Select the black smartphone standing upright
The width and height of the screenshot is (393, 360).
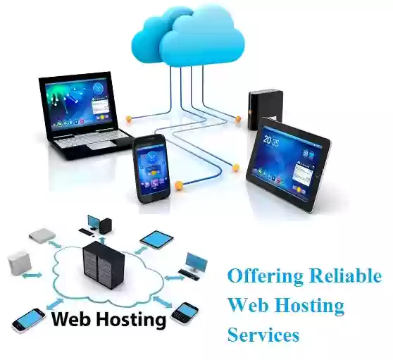coord(151,168)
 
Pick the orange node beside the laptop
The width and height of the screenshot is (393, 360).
coord(129,118)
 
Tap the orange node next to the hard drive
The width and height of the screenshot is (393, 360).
coord(237,118)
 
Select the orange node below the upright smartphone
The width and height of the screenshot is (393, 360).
coord(179,185)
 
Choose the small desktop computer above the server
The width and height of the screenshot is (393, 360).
coord(96,225)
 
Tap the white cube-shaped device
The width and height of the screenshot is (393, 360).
coord(19,263)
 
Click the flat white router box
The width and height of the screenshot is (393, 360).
coord(42,235)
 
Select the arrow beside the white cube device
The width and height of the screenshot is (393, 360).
coord(32,275)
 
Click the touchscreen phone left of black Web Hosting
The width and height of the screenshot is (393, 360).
coord(29,321)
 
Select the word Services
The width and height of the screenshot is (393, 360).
coord(263,335)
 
